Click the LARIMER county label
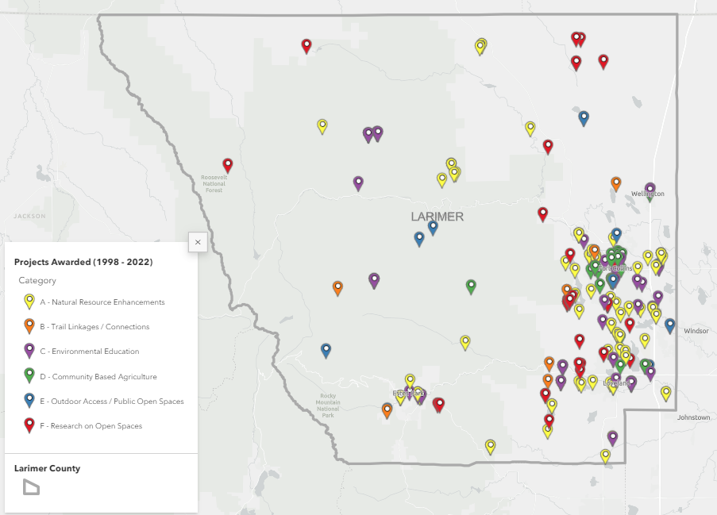[x=437, y=217]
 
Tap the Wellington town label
[x=650, y=194]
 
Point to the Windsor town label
[x=696, y=330]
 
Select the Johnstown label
[x=693, y=417]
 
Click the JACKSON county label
[x=29, y=215]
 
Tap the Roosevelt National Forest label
[x=214, y=184]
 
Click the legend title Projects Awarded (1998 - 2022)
[x=83, y=262]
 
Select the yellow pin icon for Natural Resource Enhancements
[x=29, y=302]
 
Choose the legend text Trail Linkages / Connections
[x=94, y=327]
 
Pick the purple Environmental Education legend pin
[x=29, y=351]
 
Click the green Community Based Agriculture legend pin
[x=29, y=375]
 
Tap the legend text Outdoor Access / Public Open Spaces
[x=112, y=402]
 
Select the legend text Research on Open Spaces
[x=91, y=426]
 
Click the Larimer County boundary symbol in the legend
[x=30, y=487]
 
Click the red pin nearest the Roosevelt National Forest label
[x=228, y=165]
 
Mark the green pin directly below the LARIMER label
[x=471, y=286]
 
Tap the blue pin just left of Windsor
[x=669, y=325]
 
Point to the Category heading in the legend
[x=37, y=280]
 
